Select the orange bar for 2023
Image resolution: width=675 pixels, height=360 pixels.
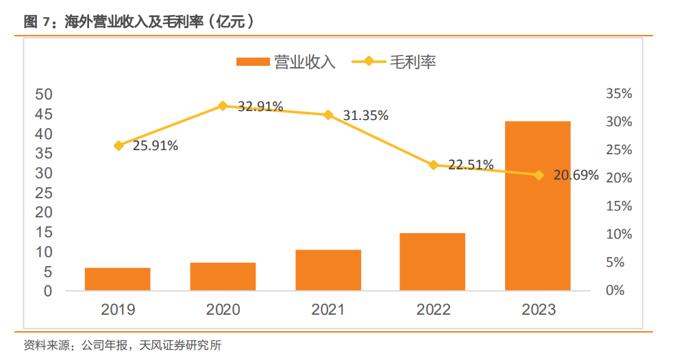pos(538,206)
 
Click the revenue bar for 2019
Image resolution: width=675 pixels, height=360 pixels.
pos(118,278)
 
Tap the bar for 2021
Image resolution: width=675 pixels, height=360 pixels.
pos(328,269)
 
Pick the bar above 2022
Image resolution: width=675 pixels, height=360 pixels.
pos(432,261)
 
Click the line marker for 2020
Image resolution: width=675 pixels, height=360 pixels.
pos(223,106)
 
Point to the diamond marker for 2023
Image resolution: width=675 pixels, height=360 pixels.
pos(539,176)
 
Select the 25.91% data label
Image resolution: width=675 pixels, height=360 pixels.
pos(156,145)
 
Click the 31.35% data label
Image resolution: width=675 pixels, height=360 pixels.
pos(366,115)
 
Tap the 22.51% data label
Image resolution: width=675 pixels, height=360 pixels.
pos(471,165)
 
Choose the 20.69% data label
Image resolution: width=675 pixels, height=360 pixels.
pos(576,176)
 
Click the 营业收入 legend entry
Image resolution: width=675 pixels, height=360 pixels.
pos(286,62)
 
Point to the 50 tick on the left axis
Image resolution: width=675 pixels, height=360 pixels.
pos(44,95)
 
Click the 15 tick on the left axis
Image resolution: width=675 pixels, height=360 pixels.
pos(44,232)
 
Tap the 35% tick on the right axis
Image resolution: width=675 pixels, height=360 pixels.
pos(619,94)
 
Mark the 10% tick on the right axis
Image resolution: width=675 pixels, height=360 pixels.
pos(619,234)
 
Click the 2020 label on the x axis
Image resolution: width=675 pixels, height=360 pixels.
pos(223,310)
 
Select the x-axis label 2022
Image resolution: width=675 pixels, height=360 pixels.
pos(433,310)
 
